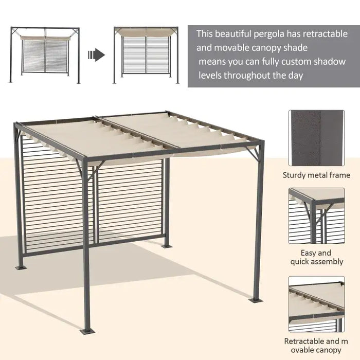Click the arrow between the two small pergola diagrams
pyautogui.click(x=96, y=55)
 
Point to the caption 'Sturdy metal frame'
pyautogui.click(x=316, y=175)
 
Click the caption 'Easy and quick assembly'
pyautogui.click(x=316, y=257)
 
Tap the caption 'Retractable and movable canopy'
pyautogui.click(x=316, y=346)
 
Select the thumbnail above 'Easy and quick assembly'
pyautogui.click(x=316, y=215)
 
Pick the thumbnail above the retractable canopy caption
pyautogui.click(x=316, y=304)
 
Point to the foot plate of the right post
pyautogui.click(x=256, y=299)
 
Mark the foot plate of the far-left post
pyautogui.click(x=21, y=267)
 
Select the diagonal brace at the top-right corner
pyautogui.click(x=251, y=153)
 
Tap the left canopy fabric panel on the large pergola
pyautogui.click(x=93, y=136)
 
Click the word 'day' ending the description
pyautogui.click(x=294, y=75)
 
